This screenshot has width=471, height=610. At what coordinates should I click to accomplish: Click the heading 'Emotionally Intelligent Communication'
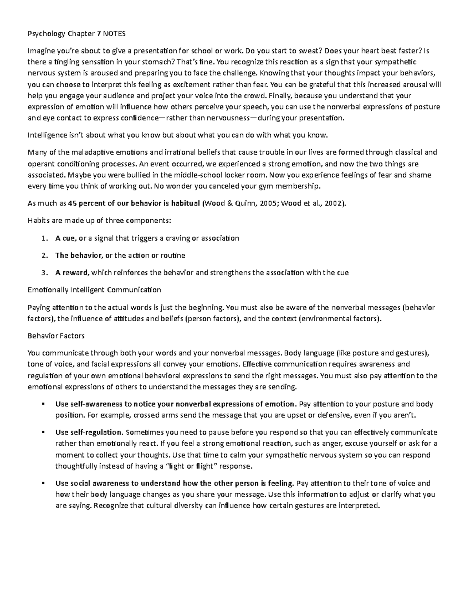(x=94, y=290)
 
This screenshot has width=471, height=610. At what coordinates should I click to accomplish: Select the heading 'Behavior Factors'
(x=56, y=336)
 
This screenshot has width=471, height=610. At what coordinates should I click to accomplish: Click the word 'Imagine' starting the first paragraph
(x=40, y=51)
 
